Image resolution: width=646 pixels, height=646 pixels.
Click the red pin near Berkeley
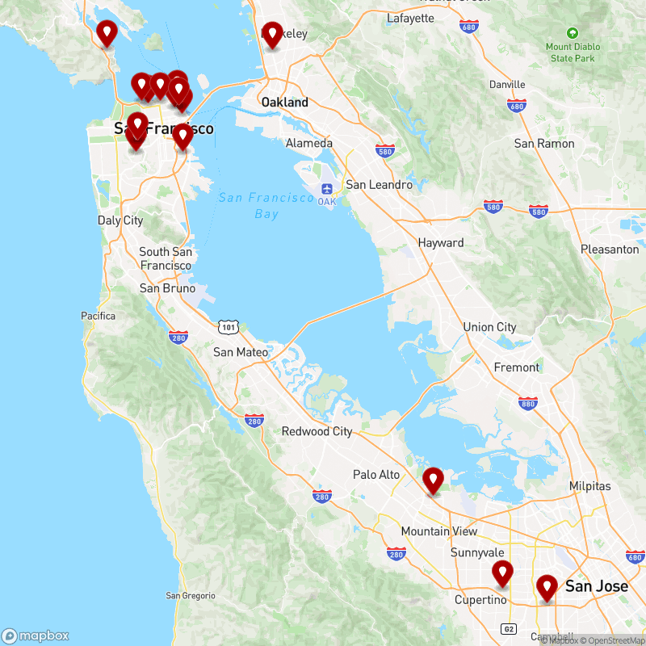click(272, 35)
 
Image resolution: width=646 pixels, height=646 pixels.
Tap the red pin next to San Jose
click(547, 587)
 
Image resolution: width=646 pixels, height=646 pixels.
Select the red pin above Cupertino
click(503, 573)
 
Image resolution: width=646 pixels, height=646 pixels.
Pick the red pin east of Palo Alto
click(434, 480)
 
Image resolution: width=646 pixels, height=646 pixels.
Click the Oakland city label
click(284, 103)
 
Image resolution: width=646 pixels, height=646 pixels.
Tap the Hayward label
click(441, 243)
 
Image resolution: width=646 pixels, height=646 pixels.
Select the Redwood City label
click(317, 431)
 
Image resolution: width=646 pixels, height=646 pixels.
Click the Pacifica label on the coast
click(99, 316)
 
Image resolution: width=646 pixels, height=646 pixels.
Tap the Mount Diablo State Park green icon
click(573, 33)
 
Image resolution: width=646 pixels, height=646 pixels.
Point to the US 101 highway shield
click(228, 326)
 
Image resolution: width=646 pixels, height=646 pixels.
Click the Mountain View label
click(439, 531)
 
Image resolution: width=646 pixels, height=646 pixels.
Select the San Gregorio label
click(191, 596)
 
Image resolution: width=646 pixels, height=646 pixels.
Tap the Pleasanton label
click(610, 250)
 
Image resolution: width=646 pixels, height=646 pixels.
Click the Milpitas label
click(590, 486)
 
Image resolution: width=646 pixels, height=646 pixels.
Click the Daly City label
click(120, 220)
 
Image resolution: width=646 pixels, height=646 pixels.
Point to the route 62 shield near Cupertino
click(508, 628)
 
